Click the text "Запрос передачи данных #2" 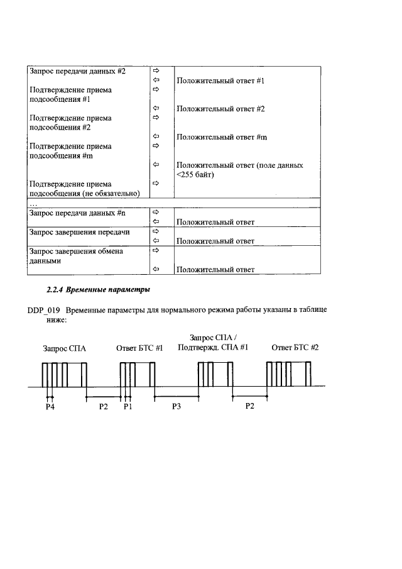79,71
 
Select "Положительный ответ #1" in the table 220,81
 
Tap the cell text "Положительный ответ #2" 220,109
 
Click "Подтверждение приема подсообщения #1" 71,95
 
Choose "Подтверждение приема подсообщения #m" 71,151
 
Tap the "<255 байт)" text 196,175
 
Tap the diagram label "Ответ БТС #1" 139,348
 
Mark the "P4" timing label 50,407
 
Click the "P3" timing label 177,407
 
